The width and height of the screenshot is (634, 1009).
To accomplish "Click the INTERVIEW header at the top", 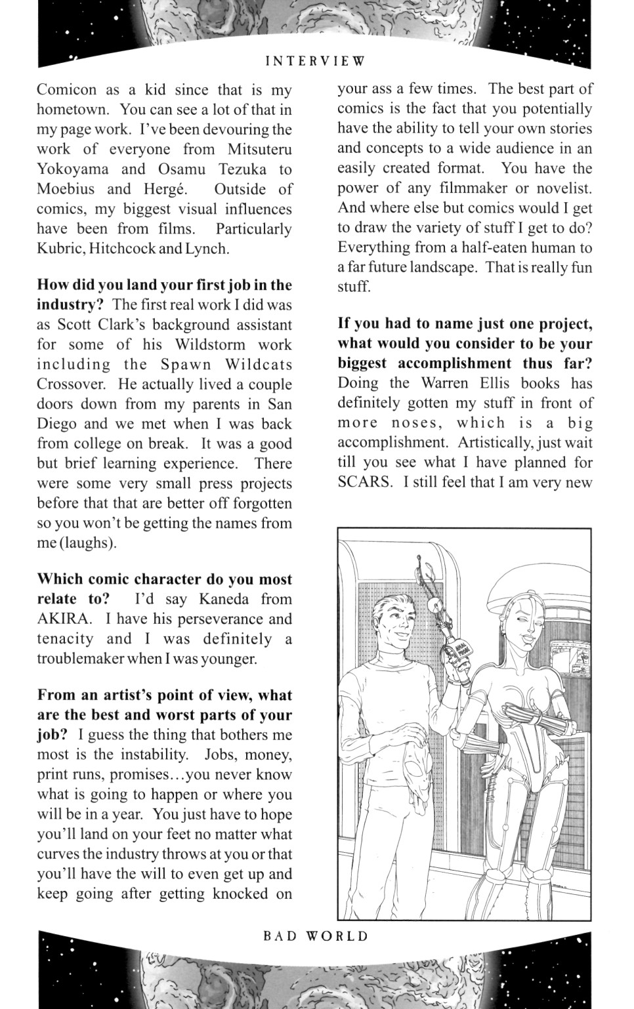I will (315, 62).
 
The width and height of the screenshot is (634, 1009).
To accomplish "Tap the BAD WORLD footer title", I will (316, 936).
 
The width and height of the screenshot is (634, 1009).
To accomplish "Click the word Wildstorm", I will (209, 344).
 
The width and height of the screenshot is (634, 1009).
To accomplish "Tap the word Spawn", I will (186, 364).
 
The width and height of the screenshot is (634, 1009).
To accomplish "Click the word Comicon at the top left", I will (66, 90).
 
